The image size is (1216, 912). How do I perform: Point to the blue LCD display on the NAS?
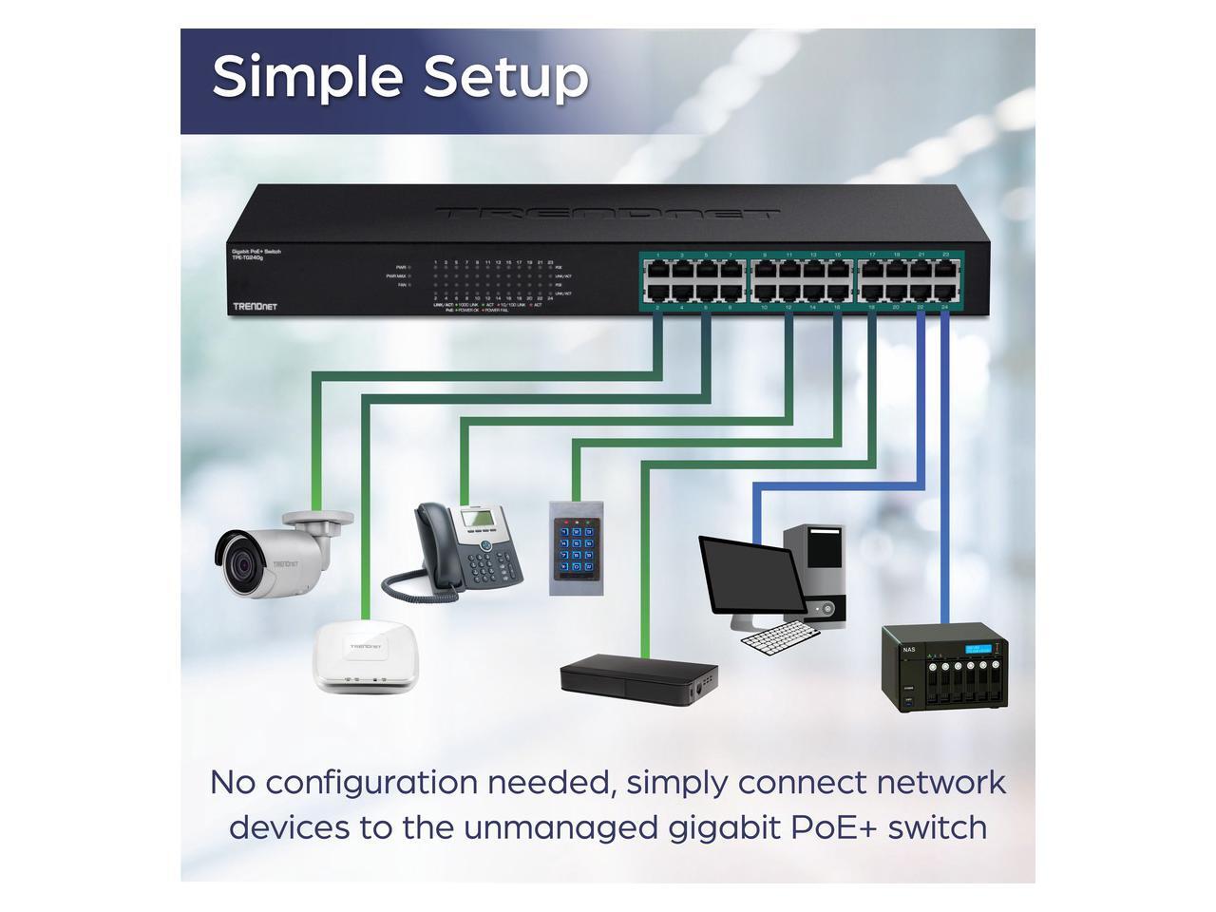[982, 648]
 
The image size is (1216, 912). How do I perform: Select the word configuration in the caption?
[372, 783]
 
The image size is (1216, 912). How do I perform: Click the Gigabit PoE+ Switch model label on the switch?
[256, 253]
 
